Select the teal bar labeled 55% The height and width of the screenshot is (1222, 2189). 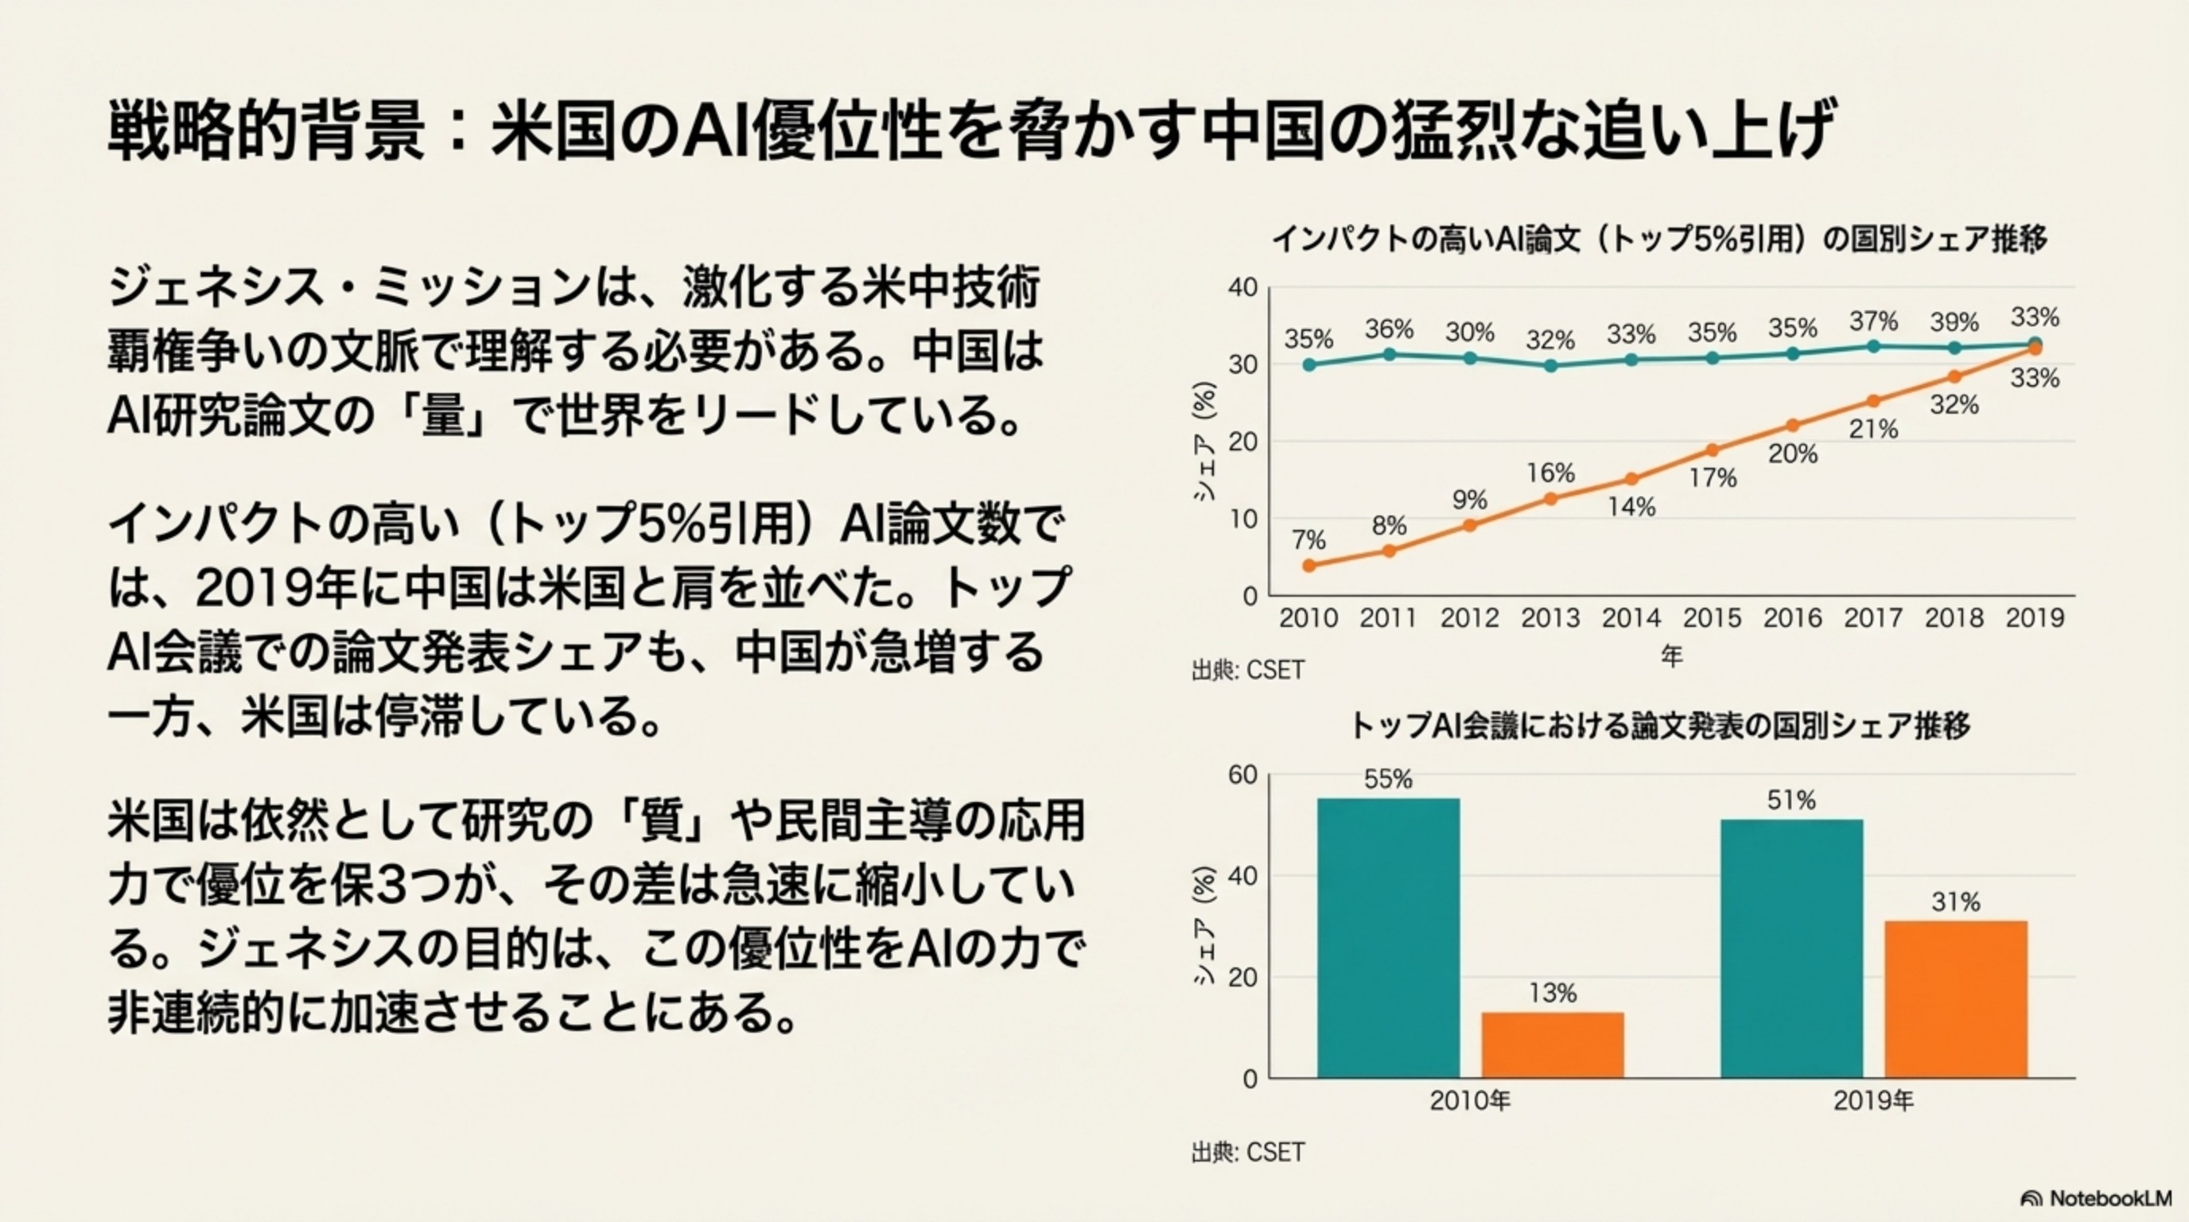(1388, 938)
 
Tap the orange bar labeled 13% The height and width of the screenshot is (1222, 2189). (1553, 1045)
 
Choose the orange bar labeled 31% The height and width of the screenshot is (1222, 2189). (1955, 999)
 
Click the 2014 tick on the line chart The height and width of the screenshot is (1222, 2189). (1631, 618)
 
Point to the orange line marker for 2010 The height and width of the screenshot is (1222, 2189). (1308, 565)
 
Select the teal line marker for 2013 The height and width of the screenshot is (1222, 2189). (1551, 365)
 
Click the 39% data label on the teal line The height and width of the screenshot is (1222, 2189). (1954, 323)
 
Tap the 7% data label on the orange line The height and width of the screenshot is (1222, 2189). (1308, 539)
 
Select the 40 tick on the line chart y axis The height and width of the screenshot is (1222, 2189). (1242, 288)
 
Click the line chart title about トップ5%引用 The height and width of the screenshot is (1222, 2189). (1658, 239)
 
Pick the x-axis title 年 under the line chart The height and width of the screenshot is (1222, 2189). (1671, 656)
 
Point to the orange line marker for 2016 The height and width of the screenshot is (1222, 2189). (1793, 425)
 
